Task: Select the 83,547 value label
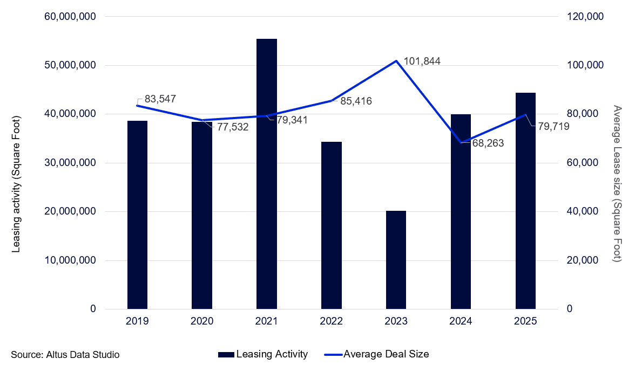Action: click(x=160, y=99)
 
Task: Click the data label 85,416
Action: click(x=356, y=101)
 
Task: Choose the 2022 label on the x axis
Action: click(x=332, y=321)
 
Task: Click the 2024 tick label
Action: click(x=461, y=321)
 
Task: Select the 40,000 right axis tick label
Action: click(x=584, y=211)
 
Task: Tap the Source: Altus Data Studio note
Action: click(x=65, y=354)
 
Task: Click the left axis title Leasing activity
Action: click(x=16, y=184)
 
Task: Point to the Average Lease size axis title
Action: click(x=617, y=184)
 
